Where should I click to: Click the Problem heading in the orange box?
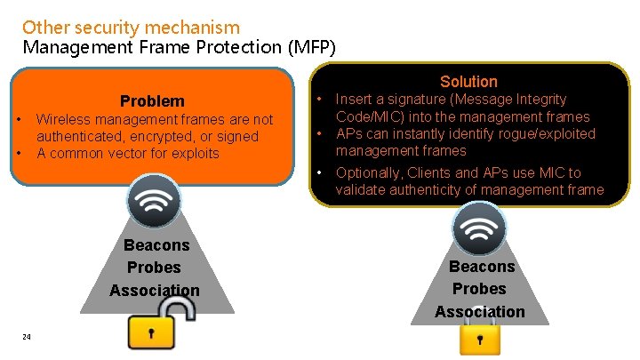click(x=152, y=101)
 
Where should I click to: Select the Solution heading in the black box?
click(x=468, y=82)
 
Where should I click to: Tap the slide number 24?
click(x=27, y=336)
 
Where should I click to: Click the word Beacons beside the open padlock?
click(x=156, y=245)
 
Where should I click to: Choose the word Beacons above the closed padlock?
click(x=482, y=267)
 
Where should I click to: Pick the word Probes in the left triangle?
click(x=154, y=268)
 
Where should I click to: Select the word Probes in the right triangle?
click(x=479, y=289)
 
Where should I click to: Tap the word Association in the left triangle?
click(x=155, y=291)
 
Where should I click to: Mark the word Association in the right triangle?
click(x=480, y=312)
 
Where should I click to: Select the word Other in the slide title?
click(x=42, y=28)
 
